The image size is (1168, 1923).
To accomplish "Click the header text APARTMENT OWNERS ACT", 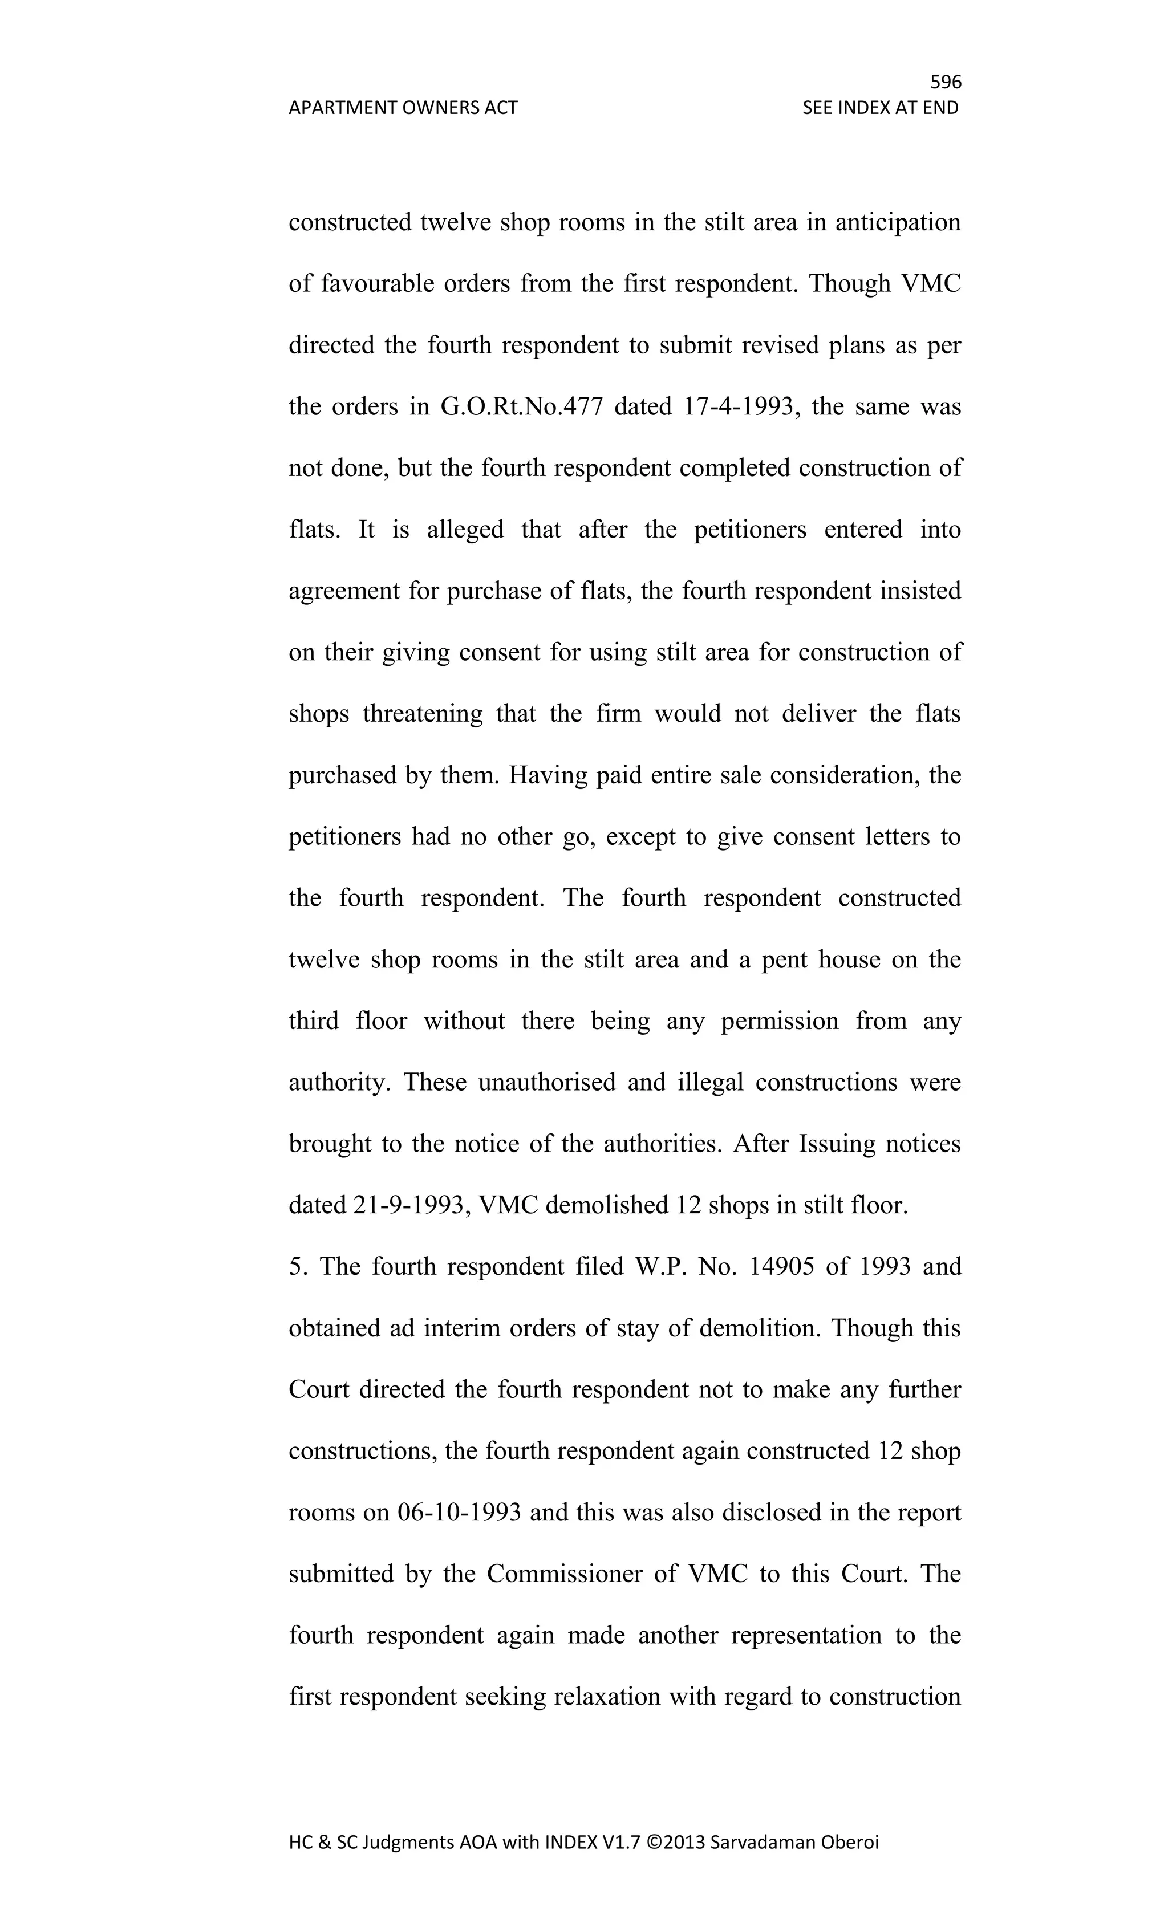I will pos(403,108).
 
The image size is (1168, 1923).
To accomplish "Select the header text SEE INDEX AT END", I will pos(880,108).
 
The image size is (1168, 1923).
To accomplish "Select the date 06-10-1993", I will pos(459,1513).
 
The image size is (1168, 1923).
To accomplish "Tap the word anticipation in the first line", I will pos(898,223).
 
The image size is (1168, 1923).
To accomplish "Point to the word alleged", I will pos(465,530).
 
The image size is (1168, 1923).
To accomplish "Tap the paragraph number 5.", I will pos(295,1267).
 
